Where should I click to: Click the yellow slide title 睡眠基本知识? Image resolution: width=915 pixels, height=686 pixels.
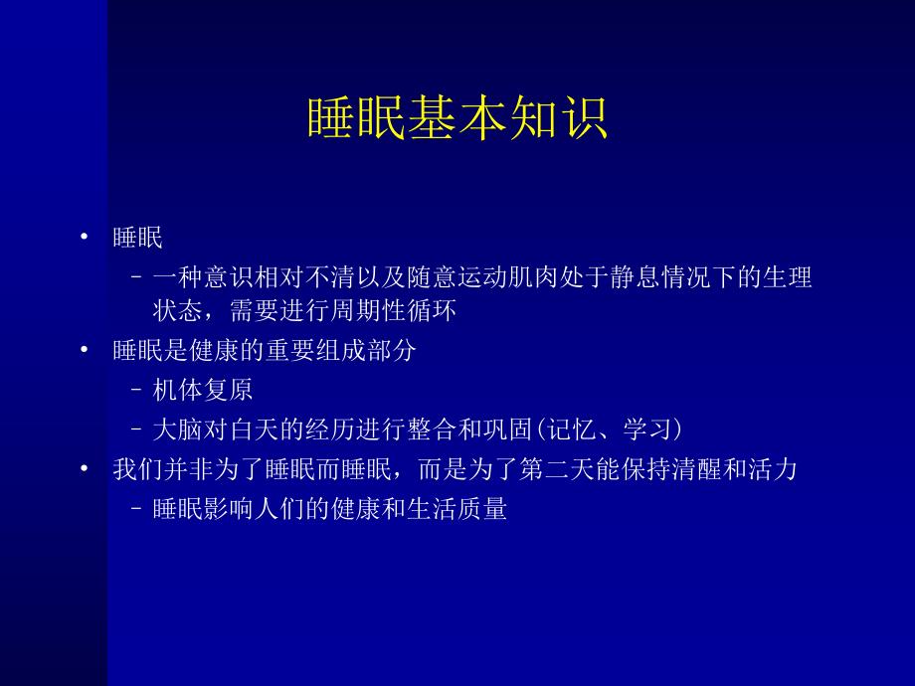pyautogui.click(x=457, y=118)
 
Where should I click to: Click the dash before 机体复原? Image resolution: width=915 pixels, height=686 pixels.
pyautogui.click(x=136, y=391)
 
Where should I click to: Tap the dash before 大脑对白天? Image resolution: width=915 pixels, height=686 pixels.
pyautogui.click(x=136, y=430)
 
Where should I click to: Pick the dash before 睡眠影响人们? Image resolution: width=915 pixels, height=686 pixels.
pyautogui.click(x=136, y=511)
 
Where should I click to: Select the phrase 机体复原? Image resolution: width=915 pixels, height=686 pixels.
pyautogui.click(x=210, y=390)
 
